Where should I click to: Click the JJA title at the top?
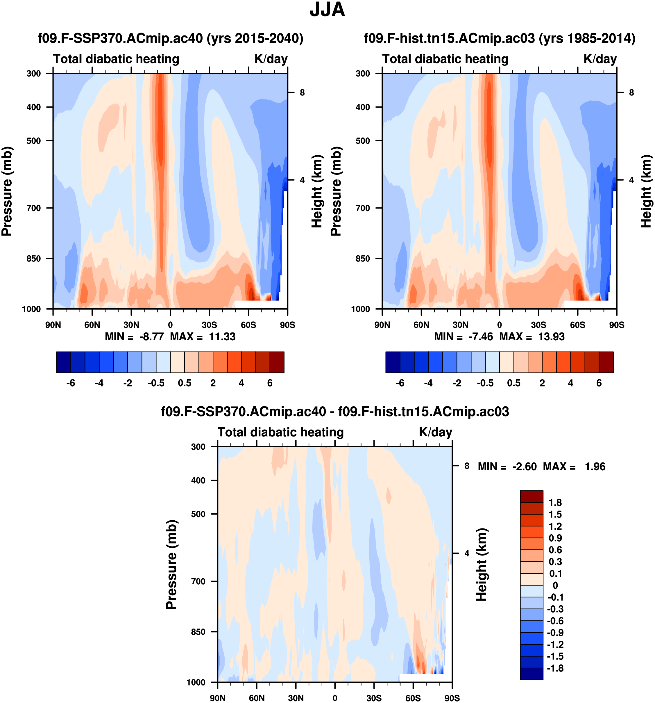[x=327, y=10]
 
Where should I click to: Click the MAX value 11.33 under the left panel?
[x=222, y=336]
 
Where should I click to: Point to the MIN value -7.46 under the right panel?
[x=480, y=336]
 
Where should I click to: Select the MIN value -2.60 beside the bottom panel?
[x=525, y=467]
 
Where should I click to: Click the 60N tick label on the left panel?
[x=92, y=325]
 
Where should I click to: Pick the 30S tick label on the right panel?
[x=538, y=325]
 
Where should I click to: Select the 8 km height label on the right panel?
[x=631, y=93]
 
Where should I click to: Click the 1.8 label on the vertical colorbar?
[x=555, y=503]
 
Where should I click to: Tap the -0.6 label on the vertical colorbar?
[x=555, y=621]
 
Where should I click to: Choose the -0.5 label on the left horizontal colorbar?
[x=156, y=383]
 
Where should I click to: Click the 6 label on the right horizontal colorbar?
[x=599, y=383]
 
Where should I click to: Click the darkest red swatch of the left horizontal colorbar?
[x=277, y=362]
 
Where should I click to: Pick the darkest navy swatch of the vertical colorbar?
[x=531, y=674]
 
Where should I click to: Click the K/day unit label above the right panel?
[x=600, y=59]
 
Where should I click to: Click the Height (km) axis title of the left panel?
[x=317, y=191]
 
